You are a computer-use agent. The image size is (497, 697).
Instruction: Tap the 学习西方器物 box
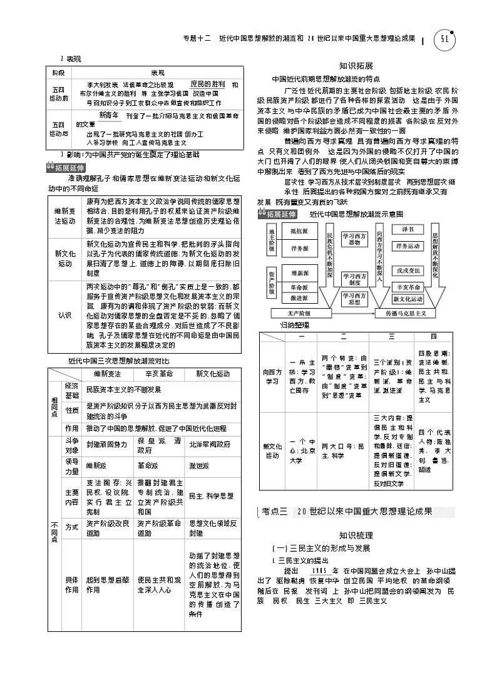click(x=354, y=239)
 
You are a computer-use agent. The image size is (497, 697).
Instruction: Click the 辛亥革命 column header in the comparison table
click(x=160, y=374)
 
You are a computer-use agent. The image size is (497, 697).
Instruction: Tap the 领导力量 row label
click(x=72, y=465)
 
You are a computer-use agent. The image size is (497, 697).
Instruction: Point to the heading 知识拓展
click(x=356, y=65)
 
